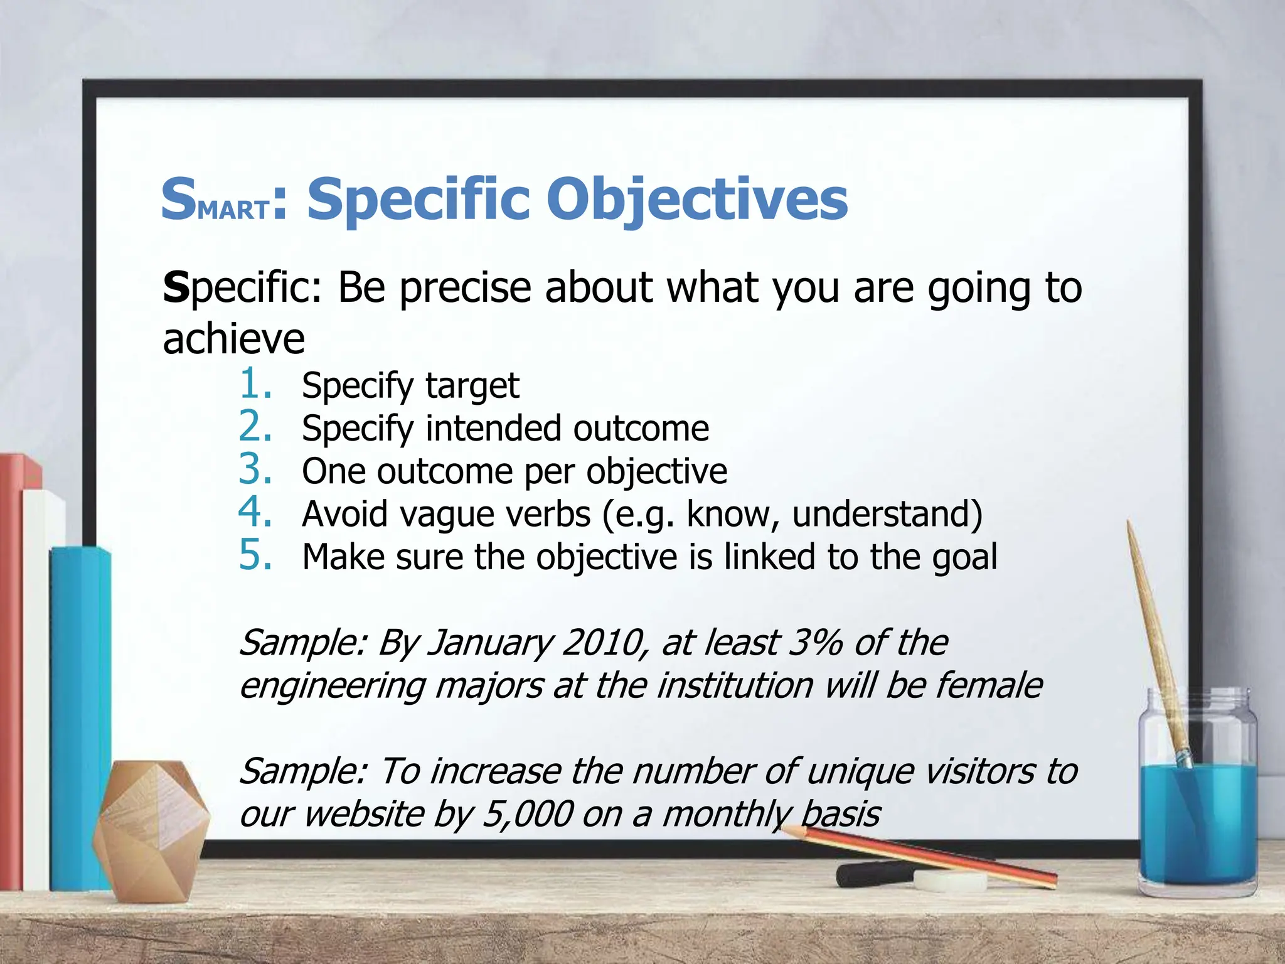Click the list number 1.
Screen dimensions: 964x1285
[x=255, y=383]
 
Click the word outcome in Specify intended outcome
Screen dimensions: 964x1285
[x=641, y=429]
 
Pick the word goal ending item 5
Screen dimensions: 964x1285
[x=964, y=558]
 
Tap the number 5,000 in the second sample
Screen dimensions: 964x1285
[x=527, y=814]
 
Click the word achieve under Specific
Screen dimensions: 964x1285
[x=233, y=339]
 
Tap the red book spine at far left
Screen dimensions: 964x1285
[x=11, y=672]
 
